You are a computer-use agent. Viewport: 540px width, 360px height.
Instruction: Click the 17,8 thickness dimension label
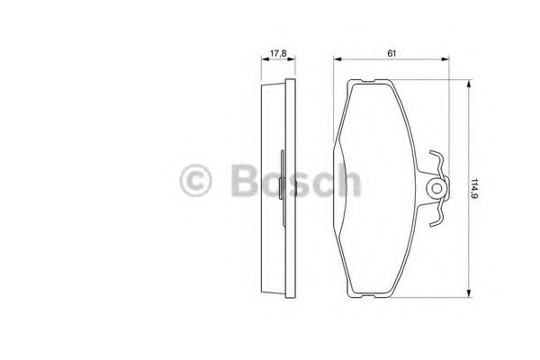click(x=278, y=52)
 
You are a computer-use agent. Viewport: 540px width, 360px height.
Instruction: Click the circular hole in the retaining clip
click(x=436, y=189)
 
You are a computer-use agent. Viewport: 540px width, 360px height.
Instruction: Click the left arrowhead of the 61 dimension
click(x=337, y=60)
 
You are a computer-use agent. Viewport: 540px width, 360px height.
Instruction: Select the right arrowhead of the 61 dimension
click(x=446, y=60)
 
